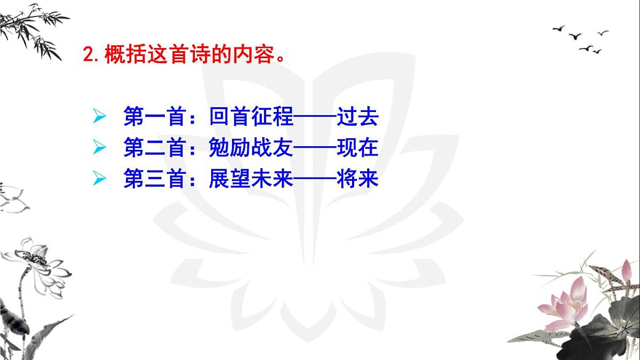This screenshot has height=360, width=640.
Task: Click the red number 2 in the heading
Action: click(89, 54)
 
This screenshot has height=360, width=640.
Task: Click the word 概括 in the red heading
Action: click(125, 54)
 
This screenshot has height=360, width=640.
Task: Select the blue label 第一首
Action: click(155, 116)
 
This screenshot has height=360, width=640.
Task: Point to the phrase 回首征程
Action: click(251, 116)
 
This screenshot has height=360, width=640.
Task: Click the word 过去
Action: click(357, 116)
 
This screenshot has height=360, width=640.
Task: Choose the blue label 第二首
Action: click(155, 147)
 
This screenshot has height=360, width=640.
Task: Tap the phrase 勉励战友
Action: click(251, 147)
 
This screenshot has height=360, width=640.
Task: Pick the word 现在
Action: click(357, 147)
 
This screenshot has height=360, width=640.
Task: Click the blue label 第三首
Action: click(155, 179)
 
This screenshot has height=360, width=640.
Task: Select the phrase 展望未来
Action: click(251, 179)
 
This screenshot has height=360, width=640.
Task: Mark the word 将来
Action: click(357, 179)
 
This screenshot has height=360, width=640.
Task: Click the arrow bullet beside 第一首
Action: click(99, 116)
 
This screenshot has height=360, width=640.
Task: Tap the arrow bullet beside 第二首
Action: click(99, 147)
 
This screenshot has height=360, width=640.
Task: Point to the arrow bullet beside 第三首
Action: click(99, 179)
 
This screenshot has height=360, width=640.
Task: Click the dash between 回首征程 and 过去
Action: click(315, 116)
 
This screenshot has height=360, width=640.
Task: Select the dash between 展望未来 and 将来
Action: click(315, 179)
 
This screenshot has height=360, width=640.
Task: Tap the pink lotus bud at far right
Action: click(626, 270)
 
